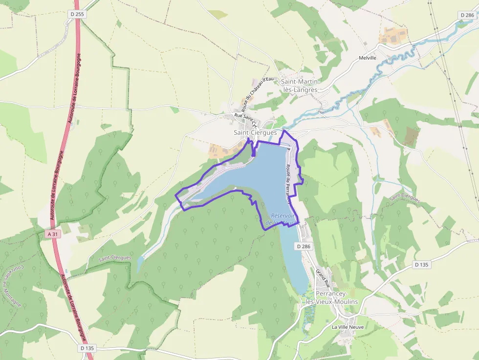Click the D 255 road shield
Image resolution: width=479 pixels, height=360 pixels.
pos(77,15)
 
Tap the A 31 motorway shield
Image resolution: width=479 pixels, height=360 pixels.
pos(52,234)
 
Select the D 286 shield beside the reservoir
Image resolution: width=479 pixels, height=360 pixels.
pos(303,247)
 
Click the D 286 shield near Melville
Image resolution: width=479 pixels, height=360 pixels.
pos(467,16)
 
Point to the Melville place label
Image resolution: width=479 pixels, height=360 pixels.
pos(368,58)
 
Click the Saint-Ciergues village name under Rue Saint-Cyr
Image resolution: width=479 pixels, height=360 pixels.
pos(255,132)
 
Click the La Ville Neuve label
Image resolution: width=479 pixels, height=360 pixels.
pos(348,327)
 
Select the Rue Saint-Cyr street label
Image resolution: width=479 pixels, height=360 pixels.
pos(246,119)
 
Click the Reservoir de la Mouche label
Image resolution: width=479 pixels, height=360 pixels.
pos(282,219)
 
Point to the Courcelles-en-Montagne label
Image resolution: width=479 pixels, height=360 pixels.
pos(12,285)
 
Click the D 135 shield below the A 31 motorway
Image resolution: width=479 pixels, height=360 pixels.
pos(86,348)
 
